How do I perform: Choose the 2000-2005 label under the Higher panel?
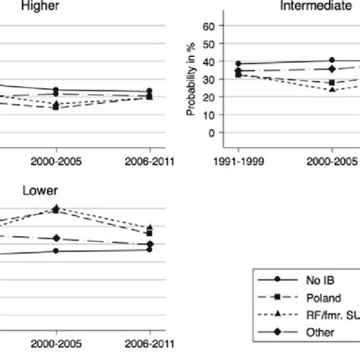[x=56, y=162]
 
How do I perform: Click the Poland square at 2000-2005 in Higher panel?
[x=56, y=107]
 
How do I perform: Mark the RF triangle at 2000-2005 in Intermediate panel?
[x=332, y=90]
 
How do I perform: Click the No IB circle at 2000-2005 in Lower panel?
[x=56, y=250]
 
